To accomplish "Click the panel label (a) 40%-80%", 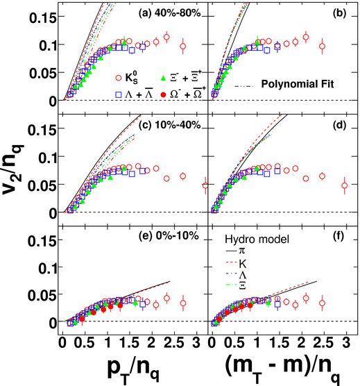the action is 170,13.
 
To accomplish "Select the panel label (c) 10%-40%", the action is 170,125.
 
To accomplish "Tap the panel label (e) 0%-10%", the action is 169,236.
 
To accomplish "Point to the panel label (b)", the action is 339,13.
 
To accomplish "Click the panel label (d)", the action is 339,125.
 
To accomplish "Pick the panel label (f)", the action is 338,236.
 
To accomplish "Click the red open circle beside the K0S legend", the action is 119,78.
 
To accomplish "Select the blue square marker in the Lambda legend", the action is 119,94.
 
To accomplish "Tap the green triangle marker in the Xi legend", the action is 163,78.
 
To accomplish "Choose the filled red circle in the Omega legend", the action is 163,94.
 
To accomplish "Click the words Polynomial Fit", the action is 298,84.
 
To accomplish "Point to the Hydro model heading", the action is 257,239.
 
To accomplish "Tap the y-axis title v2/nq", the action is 12,169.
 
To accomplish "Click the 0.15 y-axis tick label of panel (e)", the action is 42,240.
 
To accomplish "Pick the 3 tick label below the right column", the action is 346,343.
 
